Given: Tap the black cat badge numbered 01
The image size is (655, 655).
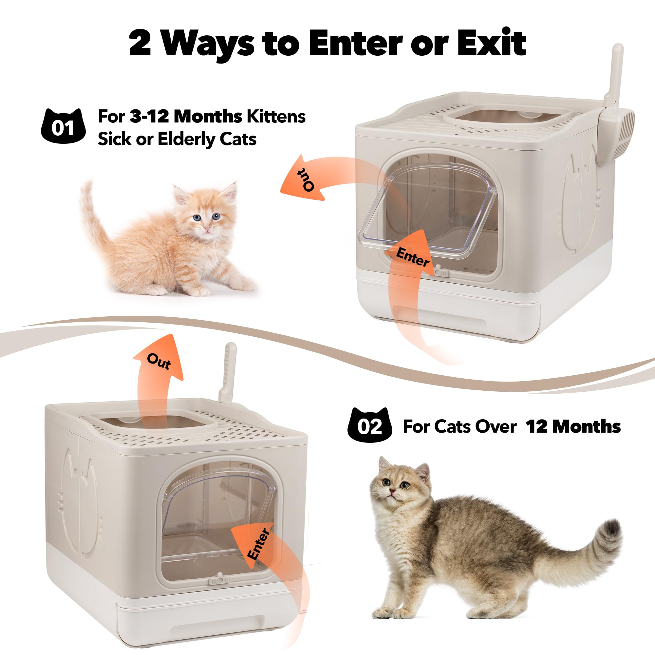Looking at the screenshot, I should [x=63, y=126].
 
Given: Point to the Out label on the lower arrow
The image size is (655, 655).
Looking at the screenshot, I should [x=159, y=362].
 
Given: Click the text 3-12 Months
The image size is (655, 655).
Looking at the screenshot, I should [x=186, y=117].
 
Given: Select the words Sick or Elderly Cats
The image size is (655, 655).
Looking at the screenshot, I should [x=177, y=139].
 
